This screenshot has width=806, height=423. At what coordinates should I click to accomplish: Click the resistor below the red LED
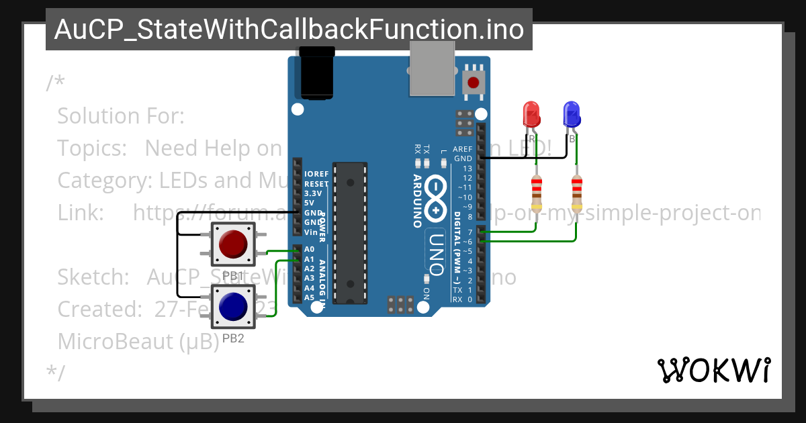[536, 193]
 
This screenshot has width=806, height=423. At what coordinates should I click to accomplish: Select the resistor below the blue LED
[576, 193]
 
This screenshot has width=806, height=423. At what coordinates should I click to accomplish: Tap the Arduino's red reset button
[474, 83]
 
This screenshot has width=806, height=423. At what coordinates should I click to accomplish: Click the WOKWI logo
[713, 370]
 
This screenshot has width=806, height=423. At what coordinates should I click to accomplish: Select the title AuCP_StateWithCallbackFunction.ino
[289, 30]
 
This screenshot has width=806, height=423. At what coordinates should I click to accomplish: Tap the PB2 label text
[233, 338]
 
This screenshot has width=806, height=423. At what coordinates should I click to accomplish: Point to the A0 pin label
[309, 249]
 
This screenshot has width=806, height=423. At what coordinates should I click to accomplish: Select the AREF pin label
[463, 149]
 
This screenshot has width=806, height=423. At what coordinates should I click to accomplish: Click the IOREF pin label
[316, 174]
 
